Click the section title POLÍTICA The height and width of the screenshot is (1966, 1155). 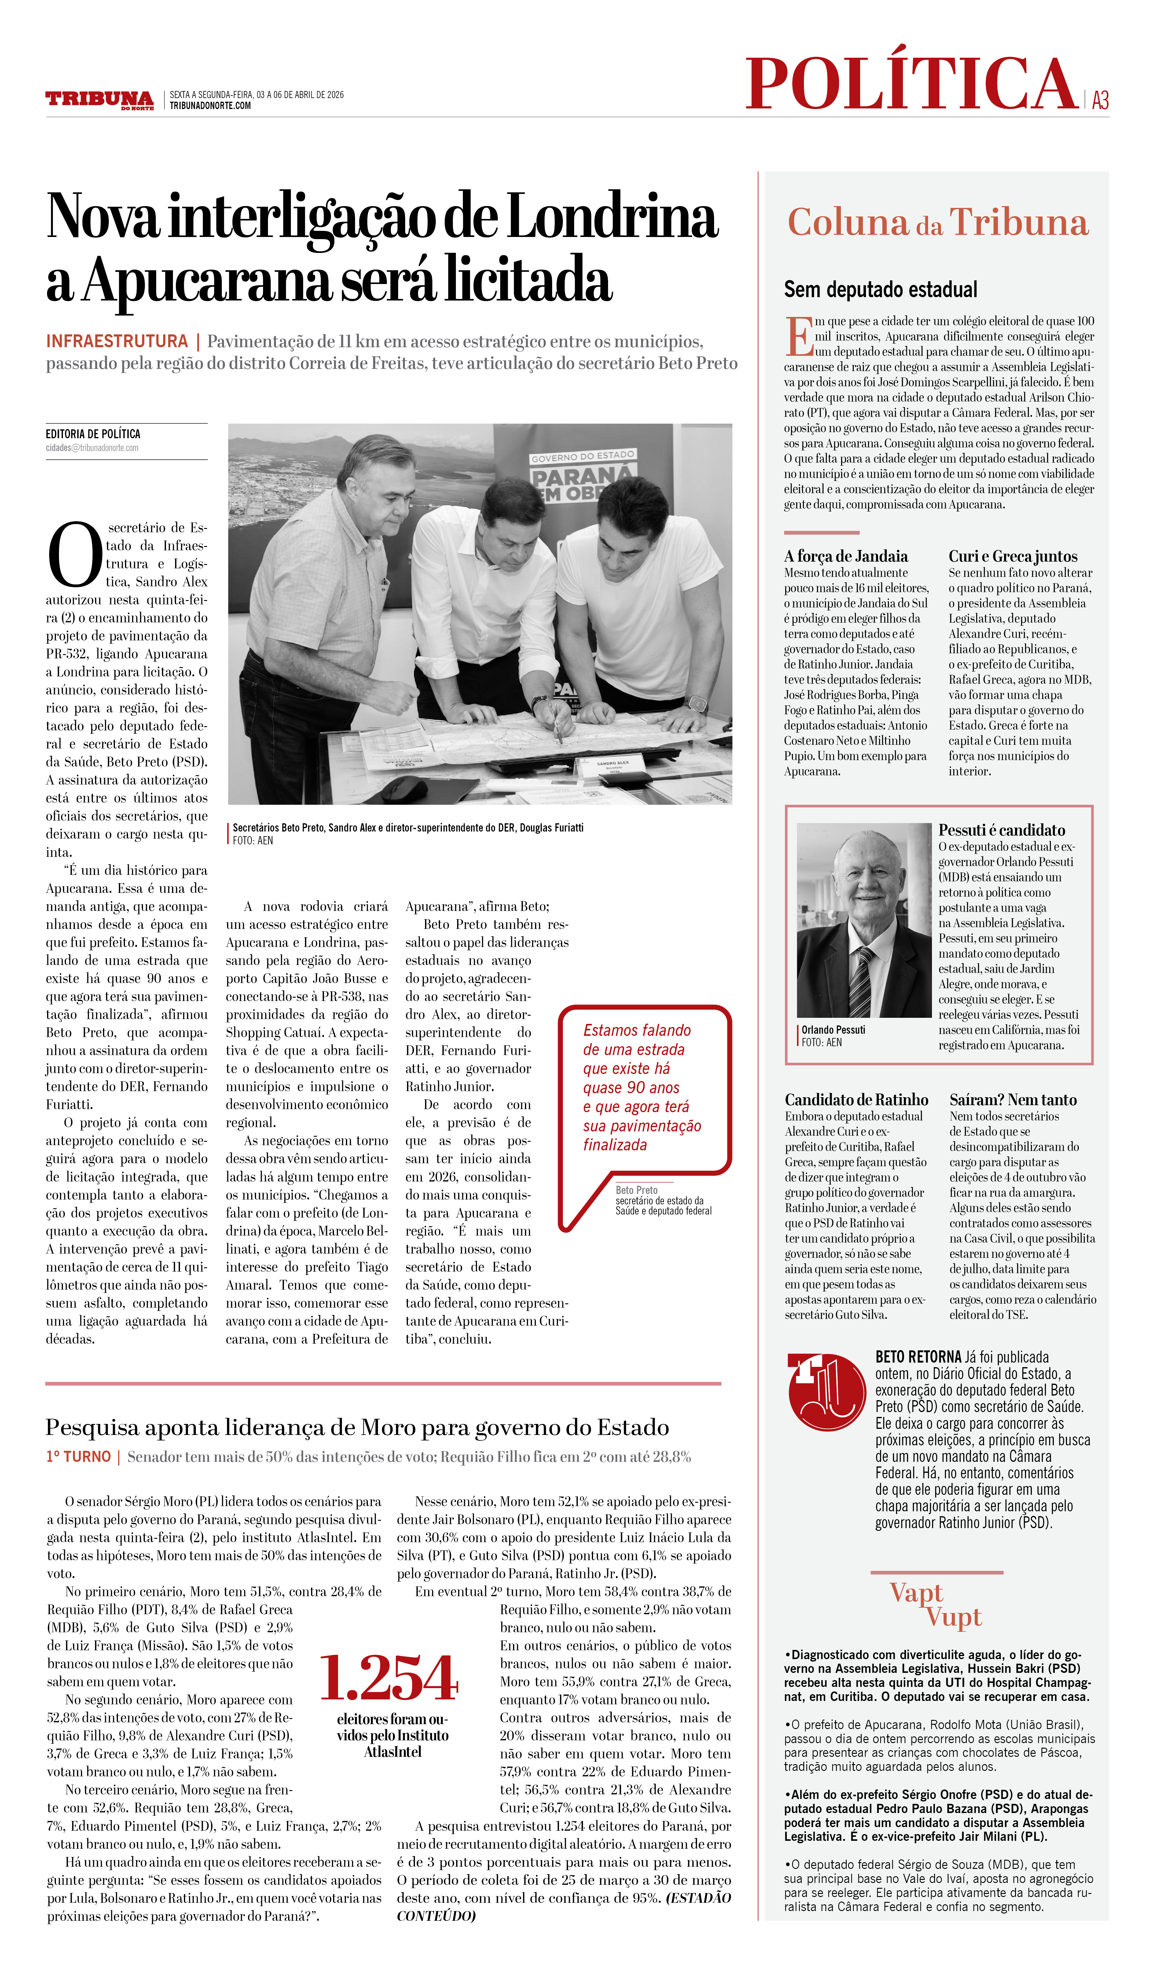[911, 84]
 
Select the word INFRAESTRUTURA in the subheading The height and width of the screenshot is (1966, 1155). [117, 342]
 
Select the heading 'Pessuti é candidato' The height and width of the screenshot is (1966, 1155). [1001, 830]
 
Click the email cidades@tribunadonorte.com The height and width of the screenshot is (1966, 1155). [92, 448]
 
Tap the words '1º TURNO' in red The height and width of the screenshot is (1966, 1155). [78, 1457]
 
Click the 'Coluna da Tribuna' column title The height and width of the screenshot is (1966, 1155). [937, 223]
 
